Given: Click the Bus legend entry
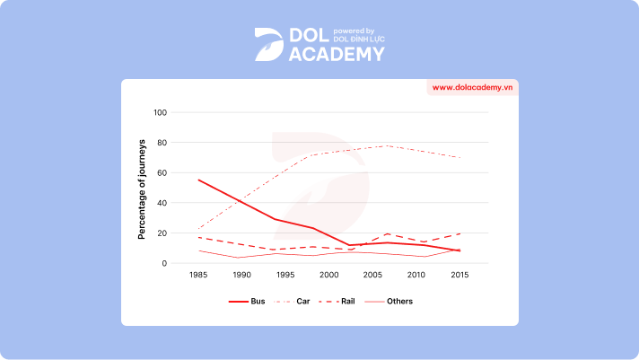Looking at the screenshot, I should pos(241,301).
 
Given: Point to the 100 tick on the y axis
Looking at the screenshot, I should pos(161,113).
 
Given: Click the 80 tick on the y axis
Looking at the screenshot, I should pos(162,143).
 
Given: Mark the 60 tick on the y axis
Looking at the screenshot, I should pos(162,173).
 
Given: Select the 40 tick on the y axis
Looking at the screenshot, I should pos(162,203).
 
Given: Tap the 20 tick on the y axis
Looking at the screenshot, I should pos(162,233).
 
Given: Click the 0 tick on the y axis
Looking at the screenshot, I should pos(165,263).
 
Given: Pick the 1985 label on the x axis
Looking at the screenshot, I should pos(198,276).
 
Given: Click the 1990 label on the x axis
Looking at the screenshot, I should pos(242,276).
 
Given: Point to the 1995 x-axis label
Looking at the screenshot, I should pos(286,276).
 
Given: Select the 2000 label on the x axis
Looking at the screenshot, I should pos(329,276).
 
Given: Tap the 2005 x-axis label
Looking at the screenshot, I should pos(373,276).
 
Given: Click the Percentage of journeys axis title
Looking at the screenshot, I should pos(142,189).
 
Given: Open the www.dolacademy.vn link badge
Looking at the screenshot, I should pos(472,88).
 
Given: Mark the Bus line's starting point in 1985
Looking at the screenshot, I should pos(198,180).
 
